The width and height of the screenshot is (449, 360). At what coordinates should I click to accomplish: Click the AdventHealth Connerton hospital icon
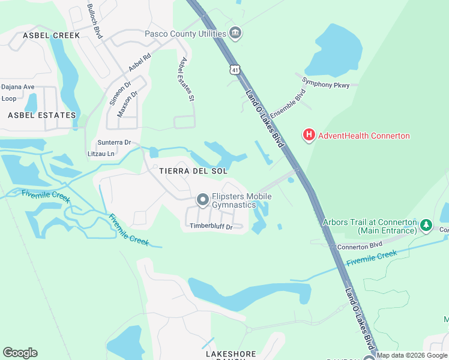tap(309, 135)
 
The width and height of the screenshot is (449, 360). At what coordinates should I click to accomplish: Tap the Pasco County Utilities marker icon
tap(236, 34)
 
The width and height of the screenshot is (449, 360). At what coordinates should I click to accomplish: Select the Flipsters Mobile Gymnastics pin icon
tap(202, 200)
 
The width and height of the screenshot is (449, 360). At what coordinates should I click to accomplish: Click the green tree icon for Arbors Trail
tap(426, 226)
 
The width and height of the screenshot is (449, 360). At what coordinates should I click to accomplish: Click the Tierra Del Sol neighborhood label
tap(193, 171)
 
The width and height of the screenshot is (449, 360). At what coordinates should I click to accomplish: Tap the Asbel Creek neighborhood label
tap(51, 35)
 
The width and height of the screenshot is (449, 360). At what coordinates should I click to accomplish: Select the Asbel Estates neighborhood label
tap(42, 115)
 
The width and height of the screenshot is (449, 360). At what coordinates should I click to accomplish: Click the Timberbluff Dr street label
tap(211, 226)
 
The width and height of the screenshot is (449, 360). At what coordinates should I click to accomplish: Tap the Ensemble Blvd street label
tap(288, 103)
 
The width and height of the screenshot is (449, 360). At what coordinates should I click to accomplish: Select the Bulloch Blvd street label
tap(95, 20)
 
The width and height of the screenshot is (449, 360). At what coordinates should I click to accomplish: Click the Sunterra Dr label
tap(114, 143)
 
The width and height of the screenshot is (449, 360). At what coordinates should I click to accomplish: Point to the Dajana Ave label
tap(18, 87)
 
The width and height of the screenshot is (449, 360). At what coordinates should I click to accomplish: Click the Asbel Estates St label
tap(186, 79)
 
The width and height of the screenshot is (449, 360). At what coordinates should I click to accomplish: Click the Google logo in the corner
tap(20, 353)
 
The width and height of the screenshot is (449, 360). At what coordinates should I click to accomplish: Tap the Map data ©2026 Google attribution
tap(412, 355)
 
